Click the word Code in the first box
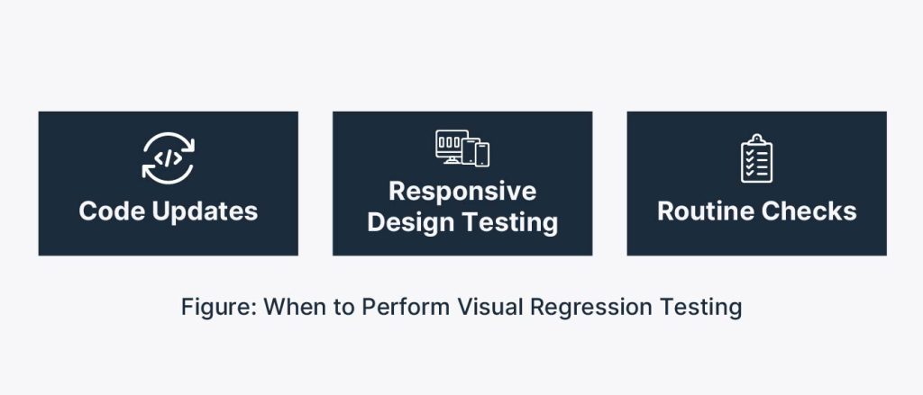pyautogui.click(x=113, y=211)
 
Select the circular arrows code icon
pyautogui.click(x=169, y=158)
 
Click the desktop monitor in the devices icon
pyautogui.click(x=451, y=147)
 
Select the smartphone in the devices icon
pyautogui.click(x=483, y=155)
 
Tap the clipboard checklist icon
pyautogui.click(x=757, y=158)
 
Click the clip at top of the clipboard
pyautogui.click(x=757, y=139)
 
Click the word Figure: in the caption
pyautogui.click(x=219, y=308)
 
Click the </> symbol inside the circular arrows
pyautogui.click(x=169, y=158)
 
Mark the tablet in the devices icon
pyautogui.click(x=470, y=151)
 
